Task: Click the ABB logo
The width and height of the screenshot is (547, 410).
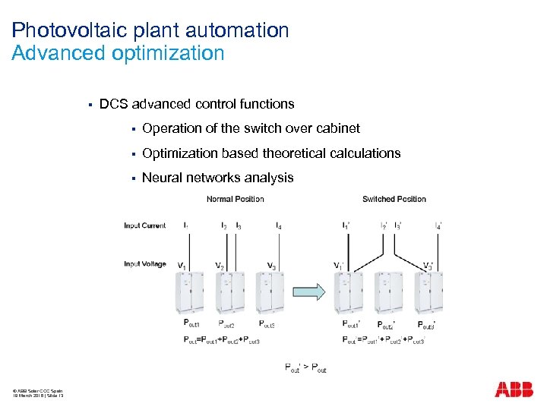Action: (514, 389)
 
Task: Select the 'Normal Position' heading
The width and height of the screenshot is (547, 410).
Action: (236, 199)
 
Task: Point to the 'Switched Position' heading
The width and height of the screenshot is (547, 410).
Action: (394, 199)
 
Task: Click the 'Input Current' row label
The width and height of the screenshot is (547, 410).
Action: (144, 225)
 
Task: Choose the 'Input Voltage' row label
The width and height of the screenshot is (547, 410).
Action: (144, 264)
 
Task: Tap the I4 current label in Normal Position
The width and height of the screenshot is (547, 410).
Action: (280, 226)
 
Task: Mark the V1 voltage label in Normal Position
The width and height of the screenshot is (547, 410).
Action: (182, 266)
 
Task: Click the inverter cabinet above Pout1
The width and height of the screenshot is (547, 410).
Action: (190, 292)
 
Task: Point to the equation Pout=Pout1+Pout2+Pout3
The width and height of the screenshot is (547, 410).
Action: (222, 341)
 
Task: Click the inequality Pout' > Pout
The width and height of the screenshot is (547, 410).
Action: (305, 368)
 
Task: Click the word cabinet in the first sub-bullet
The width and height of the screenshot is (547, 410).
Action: (337, 128)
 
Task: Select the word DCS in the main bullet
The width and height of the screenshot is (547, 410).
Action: (113, 104)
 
